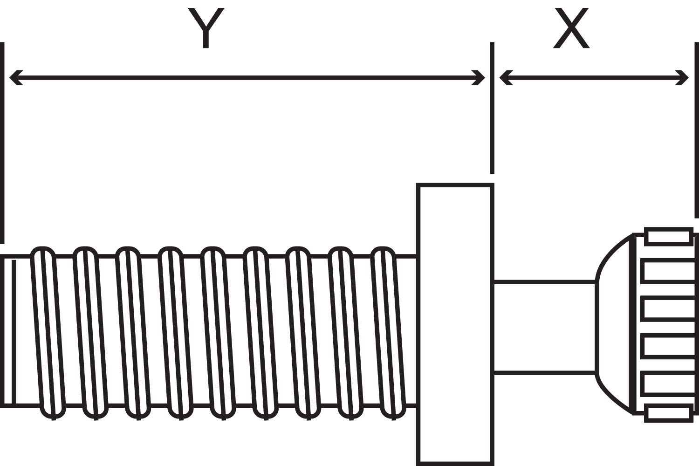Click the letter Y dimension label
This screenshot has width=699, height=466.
tap(206, 28)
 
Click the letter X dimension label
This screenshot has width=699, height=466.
tap(571, 28)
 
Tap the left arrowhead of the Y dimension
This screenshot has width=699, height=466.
tap(15, 78)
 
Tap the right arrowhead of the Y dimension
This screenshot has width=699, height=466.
tap(479, 78)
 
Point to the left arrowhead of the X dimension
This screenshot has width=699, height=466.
tap(506, 78)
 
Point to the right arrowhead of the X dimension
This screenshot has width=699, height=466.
tap(682, 78)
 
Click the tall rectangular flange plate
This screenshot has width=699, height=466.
tap(455, 325)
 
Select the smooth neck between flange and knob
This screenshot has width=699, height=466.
tap(545, 328)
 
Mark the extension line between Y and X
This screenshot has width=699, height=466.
tap(492, 108)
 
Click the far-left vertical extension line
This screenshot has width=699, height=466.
tap(2, 143)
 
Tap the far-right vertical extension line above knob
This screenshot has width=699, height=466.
tap(697, 130)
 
